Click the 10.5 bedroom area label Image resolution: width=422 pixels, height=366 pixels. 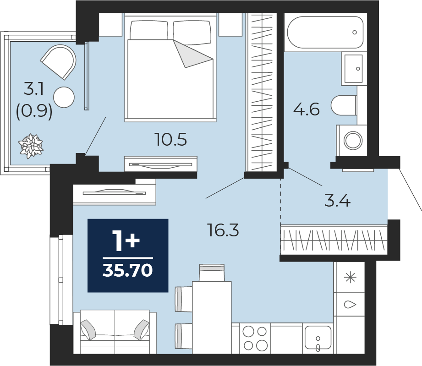click(x=171, y=140)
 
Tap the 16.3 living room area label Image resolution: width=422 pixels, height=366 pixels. click(x=223, y=230)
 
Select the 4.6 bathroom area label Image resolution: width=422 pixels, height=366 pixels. click(x=306, y=109)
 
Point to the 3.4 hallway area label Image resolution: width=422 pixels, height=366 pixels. click(x=337, y=201)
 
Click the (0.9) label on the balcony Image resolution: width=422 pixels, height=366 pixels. click(x=34, y=111)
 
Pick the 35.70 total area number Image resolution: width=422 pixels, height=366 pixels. click(x=128, y=270)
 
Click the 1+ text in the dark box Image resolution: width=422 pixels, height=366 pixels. click(x=126, y=241)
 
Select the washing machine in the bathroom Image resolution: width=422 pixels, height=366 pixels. click(x=352, y=141)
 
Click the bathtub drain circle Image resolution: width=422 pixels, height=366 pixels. click(x=355, y=32)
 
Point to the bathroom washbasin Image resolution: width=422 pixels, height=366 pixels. click(x=354, y=69)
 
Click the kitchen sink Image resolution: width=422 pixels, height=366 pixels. click(x=318, y=338)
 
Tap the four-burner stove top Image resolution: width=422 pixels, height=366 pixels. click(x=255, y=338)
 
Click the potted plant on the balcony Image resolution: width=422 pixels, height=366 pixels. click(x=31, y=146)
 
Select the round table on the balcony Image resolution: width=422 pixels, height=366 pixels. click(x=64, y=98)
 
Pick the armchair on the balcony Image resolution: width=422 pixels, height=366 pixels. click(x=59, y=62)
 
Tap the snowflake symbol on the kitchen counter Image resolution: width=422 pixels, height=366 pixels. click(x=351, y=277)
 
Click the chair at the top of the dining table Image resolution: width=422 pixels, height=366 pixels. click(x=212, y=273)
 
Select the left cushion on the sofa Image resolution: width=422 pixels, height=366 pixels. click(x=88, y=330)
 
